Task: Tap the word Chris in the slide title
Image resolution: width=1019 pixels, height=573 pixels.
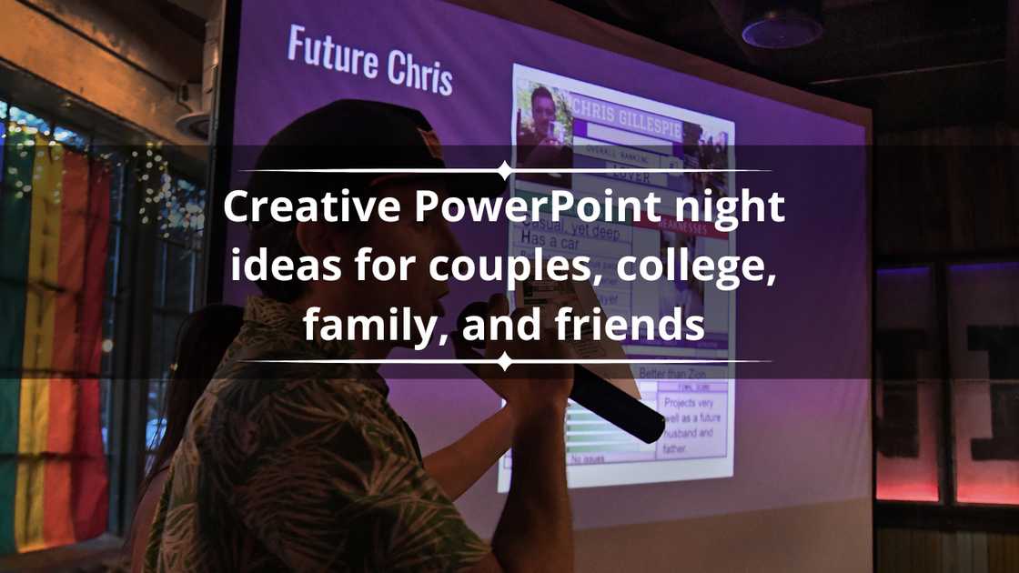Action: click(415, 70)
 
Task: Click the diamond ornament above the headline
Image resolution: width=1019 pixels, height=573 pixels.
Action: click(505, 170)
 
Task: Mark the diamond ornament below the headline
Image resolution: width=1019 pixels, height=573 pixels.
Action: click(505, 362)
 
